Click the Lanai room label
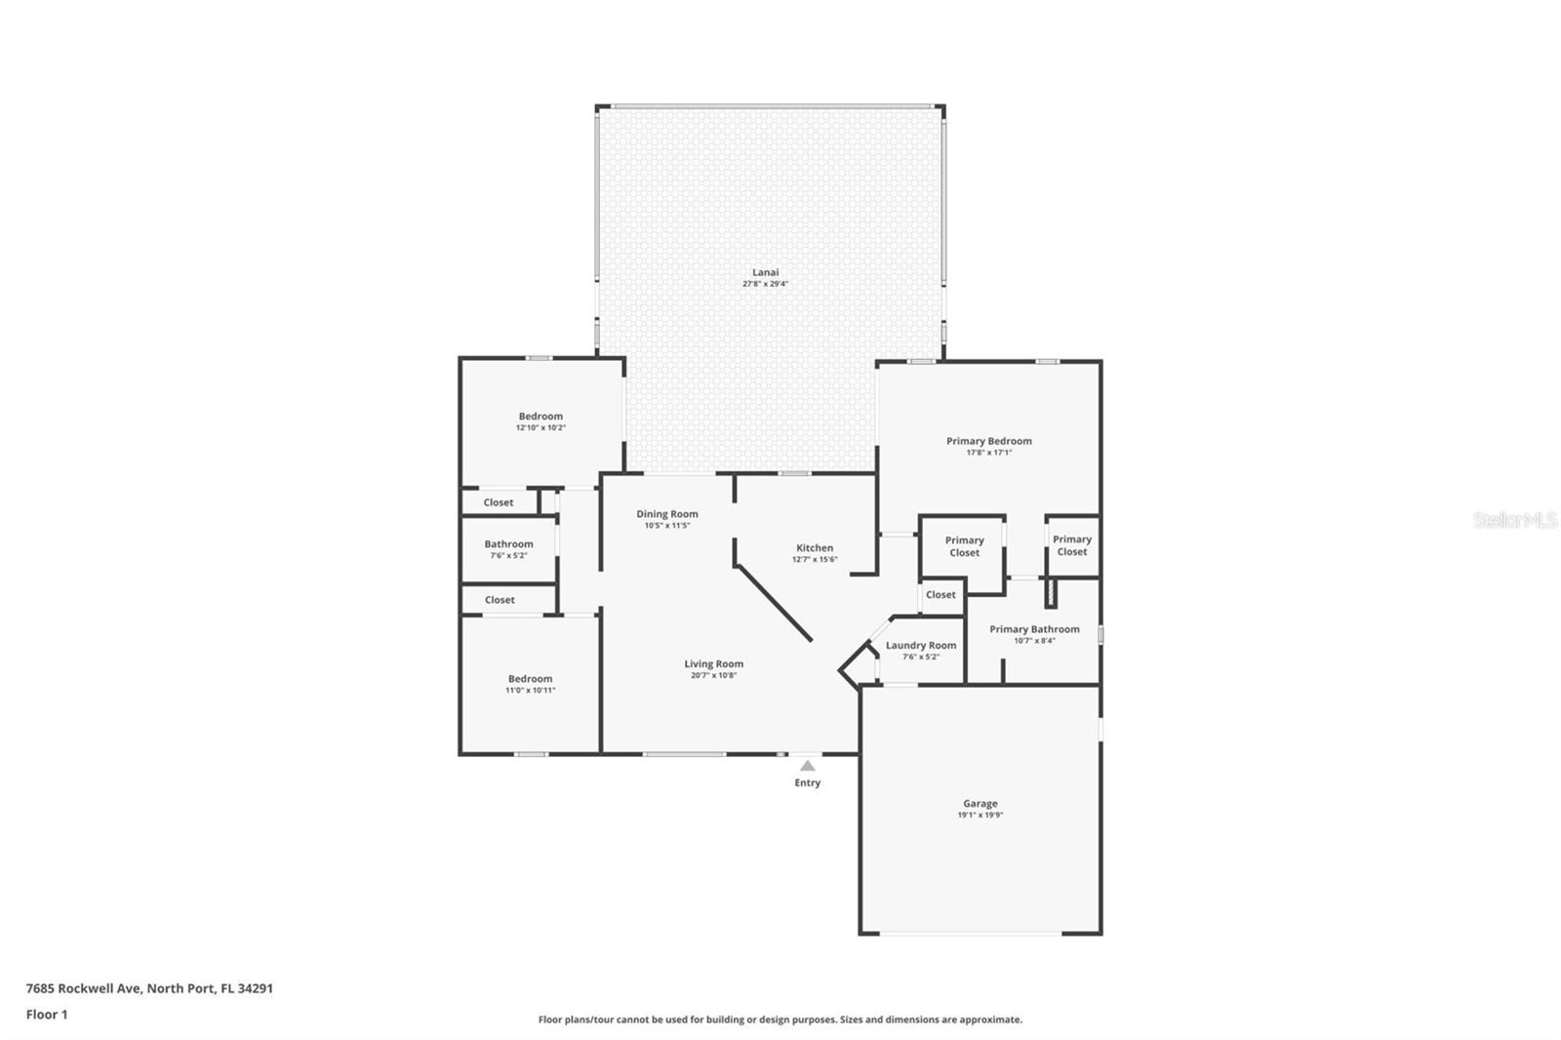[765, 272]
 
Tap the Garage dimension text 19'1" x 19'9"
[980, 815]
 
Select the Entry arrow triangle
[807, 766]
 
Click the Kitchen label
[815, 547]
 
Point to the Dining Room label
[667, 513]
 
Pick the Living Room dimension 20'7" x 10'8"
[713, 675]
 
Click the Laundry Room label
[921, 645]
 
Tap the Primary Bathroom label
[1034, 629]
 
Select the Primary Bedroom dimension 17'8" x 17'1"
[988, 453]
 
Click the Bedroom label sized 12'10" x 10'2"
[540, 416]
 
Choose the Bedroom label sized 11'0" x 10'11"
[530, 679]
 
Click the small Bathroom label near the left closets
[508, 543]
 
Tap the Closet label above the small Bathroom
[498, 502]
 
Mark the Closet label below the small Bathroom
[500, 600]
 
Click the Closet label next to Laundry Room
[941, 594]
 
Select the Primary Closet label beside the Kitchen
[964, 546]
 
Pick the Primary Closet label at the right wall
[1071, 545]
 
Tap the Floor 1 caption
[47, 1014]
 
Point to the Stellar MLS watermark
[1514, 520]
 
